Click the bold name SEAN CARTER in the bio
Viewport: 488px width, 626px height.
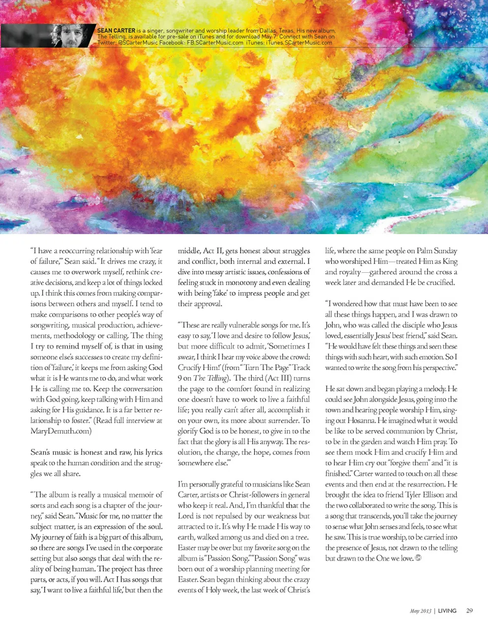point(113,31)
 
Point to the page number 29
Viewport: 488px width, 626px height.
point(469,610)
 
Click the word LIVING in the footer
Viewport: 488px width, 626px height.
point(447,610)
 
